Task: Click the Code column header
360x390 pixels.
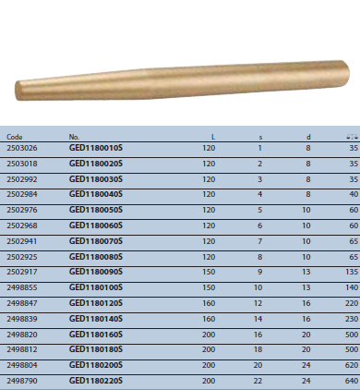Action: pyautogui.click(x=15, y=137)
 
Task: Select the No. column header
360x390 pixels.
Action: pyautogui.click(x=74, y=137)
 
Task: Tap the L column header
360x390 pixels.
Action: pyautogui.click(x=213, y=137)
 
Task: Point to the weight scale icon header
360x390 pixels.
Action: pyautogui.click(x=352, y=137)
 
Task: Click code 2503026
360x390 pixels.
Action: pyautogui.click(x=22, y=148)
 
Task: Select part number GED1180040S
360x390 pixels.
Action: pyautogui.click(x=96, y=194)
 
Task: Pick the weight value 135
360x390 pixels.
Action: pyautogui.click(x=352, y=272)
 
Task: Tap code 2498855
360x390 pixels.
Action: pyautogui.click(x=22, y=287)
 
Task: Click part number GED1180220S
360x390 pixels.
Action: pyautogui.click(x=96, y=381)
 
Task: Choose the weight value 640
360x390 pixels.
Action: pyautogui.click(x=352, y=381)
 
